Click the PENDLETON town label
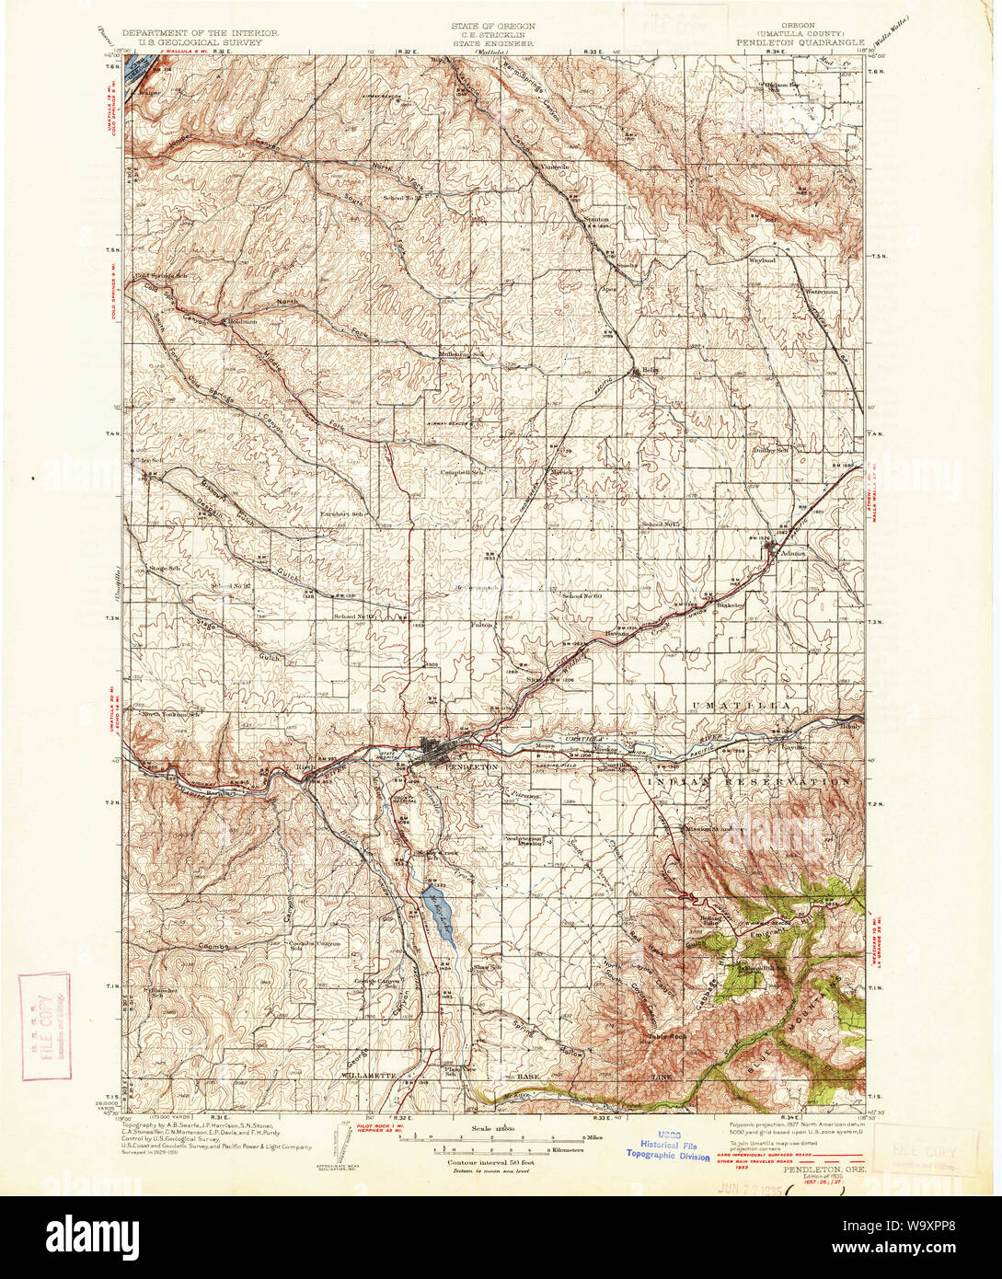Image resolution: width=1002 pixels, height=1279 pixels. (470, 766)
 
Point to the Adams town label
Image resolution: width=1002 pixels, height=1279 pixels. (794, 553)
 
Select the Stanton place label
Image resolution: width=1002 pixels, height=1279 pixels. (597, 220)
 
